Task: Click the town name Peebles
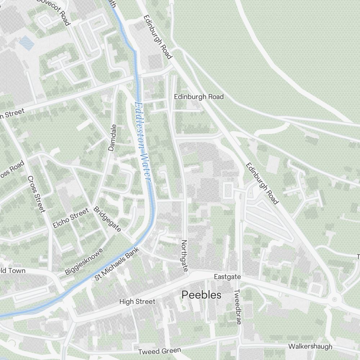click(201, 295)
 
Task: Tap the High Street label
click(137, 302)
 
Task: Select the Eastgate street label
click(227, 277)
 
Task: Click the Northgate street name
click(185, 256)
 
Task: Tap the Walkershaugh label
click(310, 347)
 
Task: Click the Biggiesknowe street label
click(84, 262)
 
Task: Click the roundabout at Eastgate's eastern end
click(335, 299)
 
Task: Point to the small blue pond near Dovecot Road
click(26, 43)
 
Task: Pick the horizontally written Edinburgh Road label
click(199, 96)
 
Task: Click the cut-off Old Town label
click(13, 271)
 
